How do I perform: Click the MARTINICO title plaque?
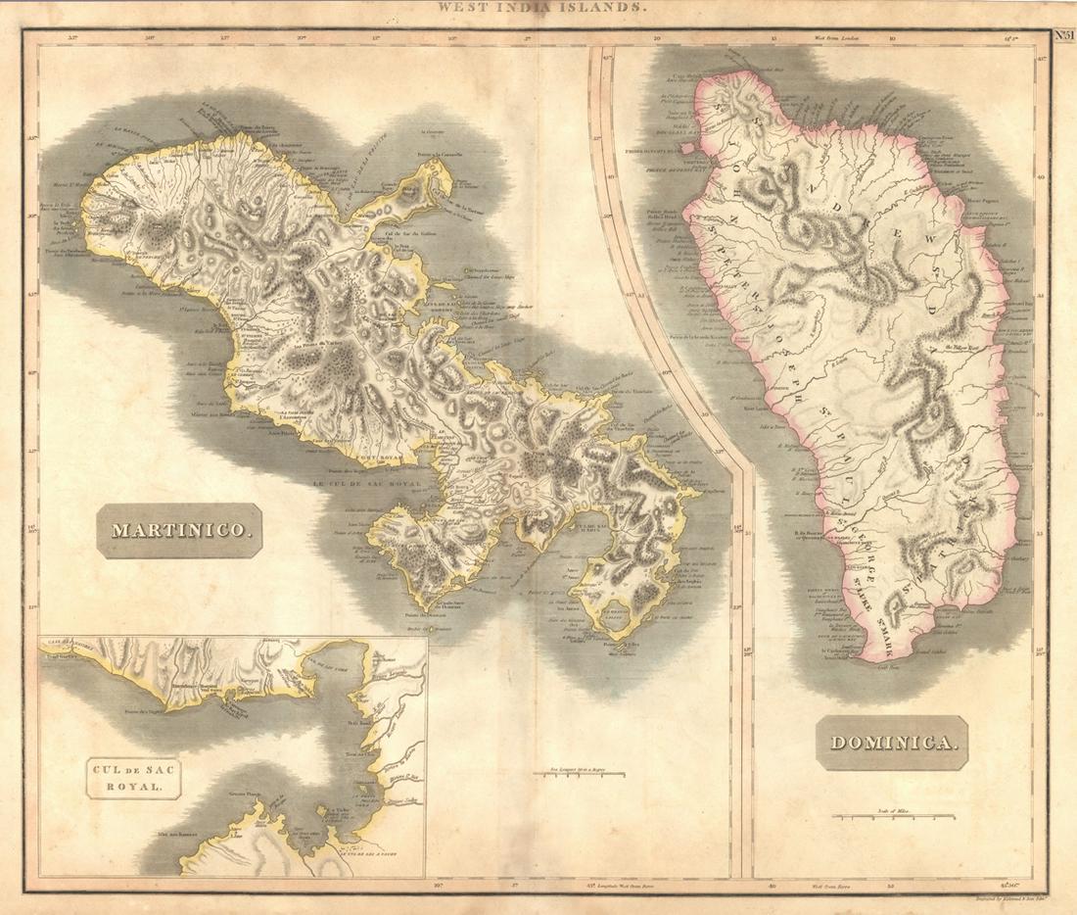point(180,531)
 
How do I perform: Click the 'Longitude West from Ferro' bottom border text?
point(617,884)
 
